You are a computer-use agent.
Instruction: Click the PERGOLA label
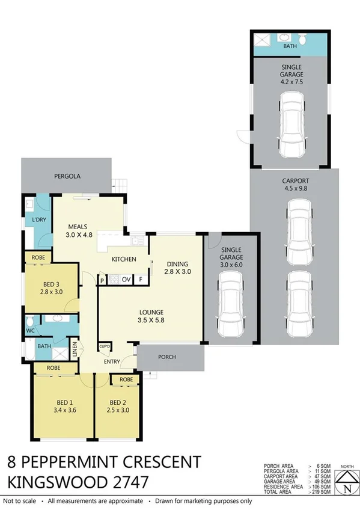[x=67, y=176]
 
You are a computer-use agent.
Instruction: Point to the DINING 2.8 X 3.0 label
[x=178, y=268]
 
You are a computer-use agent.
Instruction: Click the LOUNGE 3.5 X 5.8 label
[x=151, y=316]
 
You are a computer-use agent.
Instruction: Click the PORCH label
[x=167, y=357]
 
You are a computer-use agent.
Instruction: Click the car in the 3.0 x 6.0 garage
[x=231, y=306]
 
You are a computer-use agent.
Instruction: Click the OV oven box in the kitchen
[x=126, y=280]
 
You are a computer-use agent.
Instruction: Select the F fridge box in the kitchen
[x=141, y=280]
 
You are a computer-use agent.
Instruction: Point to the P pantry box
[x=103, y=280]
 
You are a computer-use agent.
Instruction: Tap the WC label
[x=30, y=331]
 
